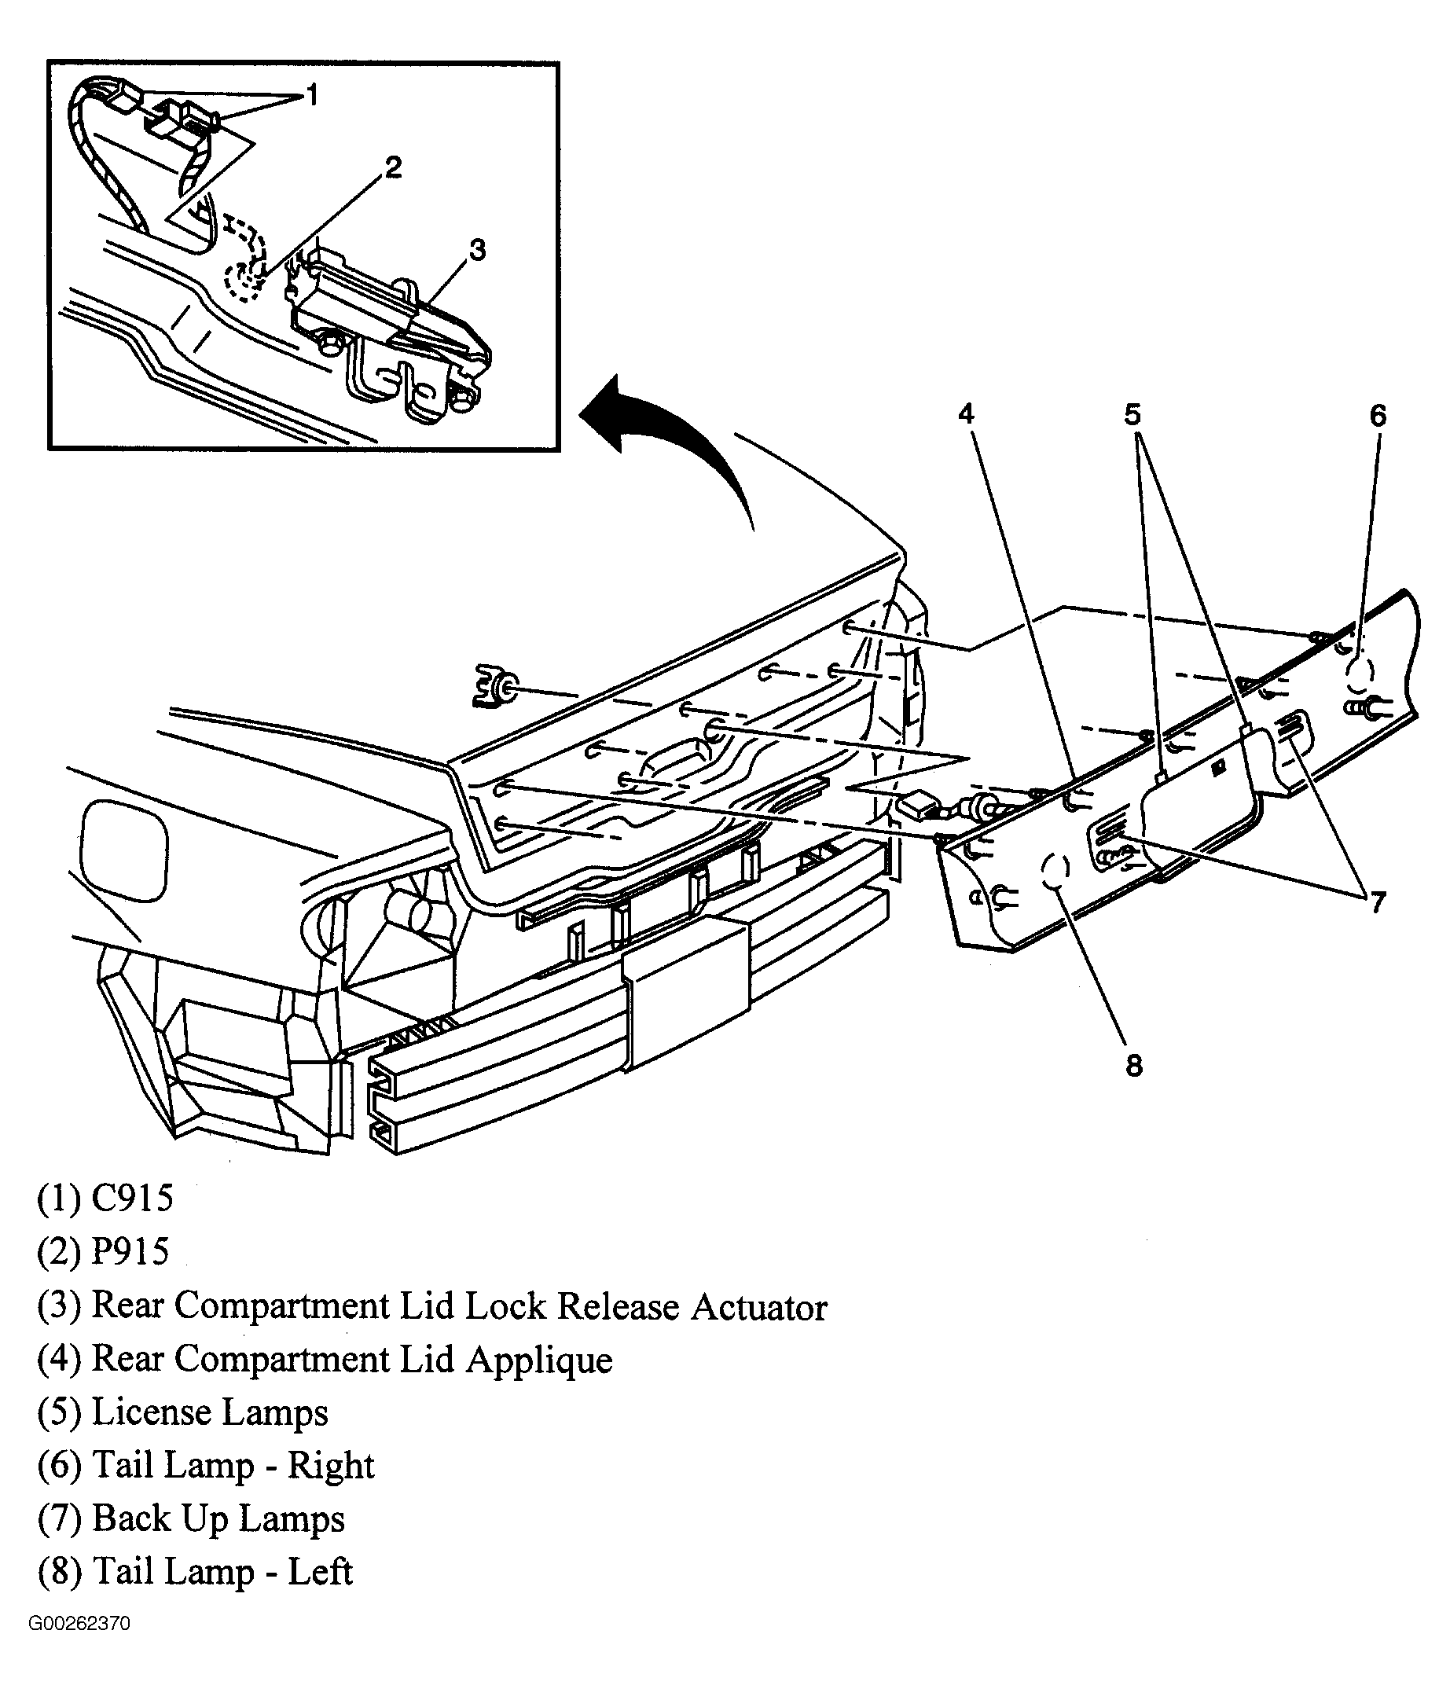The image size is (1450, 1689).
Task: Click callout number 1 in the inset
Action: click(311, 96)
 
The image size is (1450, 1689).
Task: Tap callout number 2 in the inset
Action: click(393, 168)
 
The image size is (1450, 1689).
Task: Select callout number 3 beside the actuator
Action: click(478, 250)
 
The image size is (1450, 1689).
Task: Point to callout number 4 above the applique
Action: click(966, 415)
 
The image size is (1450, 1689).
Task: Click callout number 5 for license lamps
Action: click(1133, 415)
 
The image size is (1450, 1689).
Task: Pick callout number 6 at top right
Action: click(1378, 417)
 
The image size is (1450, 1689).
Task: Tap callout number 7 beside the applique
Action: click(1377, 902)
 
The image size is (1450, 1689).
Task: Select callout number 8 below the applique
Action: click(1134, 1066)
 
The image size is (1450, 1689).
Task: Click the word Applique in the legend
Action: click(539, 1360)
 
